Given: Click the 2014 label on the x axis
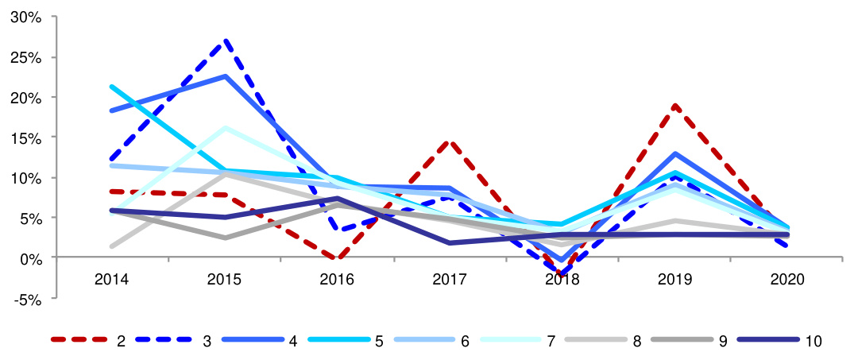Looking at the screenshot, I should pos(112,280).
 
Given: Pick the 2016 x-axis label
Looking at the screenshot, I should pos(338,280).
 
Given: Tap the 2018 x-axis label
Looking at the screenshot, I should pos(562,280).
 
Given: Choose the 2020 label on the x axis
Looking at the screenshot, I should pos(788,280).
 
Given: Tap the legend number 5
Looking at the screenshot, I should pos(379,341).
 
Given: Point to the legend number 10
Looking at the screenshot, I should pos(812,341).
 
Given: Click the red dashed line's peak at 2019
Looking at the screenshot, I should pos(675,106).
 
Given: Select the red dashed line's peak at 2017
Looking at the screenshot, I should pos(450,142).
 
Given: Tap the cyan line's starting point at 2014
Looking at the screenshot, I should pos(113,87).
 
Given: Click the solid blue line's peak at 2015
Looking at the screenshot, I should pos(226,76).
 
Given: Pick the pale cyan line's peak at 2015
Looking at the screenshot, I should pos(226,127).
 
